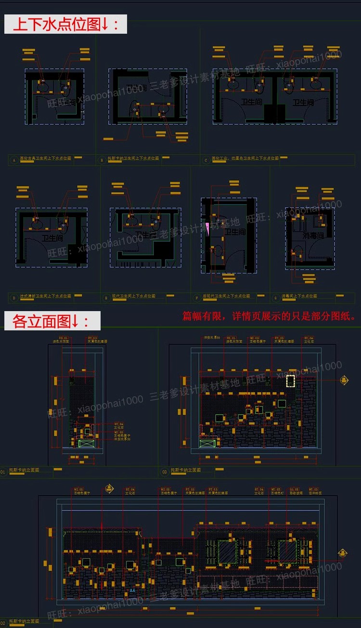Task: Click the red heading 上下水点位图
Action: tap(65, 24)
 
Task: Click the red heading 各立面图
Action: tap(52, 321)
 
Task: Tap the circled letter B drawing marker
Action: tap(102, 159)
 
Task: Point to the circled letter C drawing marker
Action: tap(206, 158)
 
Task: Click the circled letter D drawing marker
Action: tap(14, 297)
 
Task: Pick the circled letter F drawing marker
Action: tap(196, 297)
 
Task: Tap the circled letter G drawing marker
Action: tap(275, 297)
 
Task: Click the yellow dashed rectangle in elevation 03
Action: tap(290, 381)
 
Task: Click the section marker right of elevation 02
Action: tap(343, 553)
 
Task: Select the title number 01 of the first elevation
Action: tap(3, 472)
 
